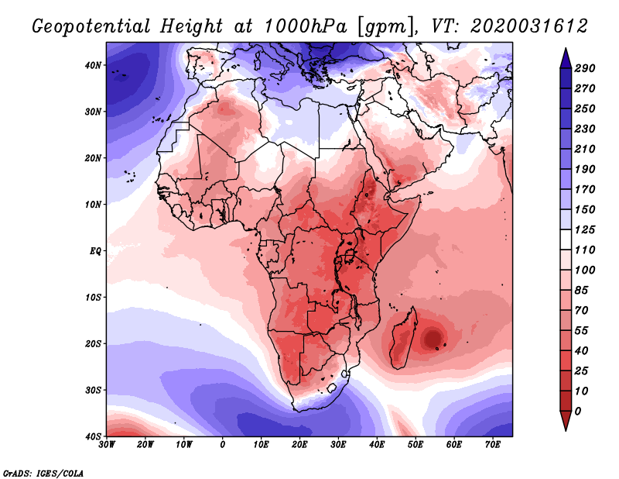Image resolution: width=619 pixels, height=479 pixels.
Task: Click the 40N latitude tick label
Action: click(x=92, y=65)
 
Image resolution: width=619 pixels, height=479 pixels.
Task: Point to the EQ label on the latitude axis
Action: click(x=95, y=251)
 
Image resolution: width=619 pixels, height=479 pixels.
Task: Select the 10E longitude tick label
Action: click(x=261, y=445)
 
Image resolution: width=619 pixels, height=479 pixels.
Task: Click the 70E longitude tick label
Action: click(x=492, y=445)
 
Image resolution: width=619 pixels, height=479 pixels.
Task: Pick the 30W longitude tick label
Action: click(x=107, y=445)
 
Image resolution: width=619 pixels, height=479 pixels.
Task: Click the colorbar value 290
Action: click(x=584, y=68)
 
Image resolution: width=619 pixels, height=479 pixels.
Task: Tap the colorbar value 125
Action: click(x=584, y=229)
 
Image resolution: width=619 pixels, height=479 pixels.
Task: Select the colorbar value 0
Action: click(x=578, y=412)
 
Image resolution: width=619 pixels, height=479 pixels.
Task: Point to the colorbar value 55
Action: click(x=581, y=331)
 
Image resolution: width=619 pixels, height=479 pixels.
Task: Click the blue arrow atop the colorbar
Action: click(x=566, y=58)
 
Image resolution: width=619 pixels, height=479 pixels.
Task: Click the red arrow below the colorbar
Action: click(x=566, y=421)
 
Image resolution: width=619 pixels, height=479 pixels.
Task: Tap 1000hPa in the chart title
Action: click(x=306, y=26)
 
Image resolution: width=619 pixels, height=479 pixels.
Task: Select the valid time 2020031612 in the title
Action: click(x=529, y=26)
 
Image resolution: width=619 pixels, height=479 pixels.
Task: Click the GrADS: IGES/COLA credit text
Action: click(x=43, y=474)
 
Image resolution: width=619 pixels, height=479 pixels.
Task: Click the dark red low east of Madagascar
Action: click(x=433, y=338)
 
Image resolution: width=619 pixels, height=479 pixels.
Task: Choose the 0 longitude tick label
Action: click(x=222, y=445)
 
